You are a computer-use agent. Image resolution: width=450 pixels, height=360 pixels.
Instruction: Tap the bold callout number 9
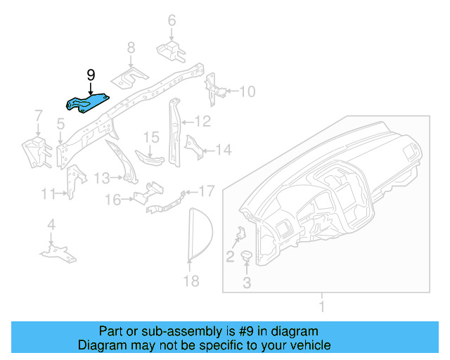coord(90,75)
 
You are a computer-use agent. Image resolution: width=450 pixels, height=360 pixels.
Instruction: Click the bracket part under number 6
coord(169,52)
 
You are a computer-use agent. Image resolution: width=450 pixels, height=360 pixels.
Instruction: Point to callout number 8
coord(131,48)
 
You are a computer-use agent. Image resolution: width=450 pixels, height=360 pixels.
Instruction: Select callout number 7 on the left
coord(39,115)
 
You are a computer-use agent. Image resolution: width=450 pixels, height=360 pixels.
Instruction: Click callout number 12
coord(202,122)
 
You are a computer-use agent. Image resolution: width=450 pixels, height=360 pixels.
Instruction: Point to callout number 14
coord(223,150)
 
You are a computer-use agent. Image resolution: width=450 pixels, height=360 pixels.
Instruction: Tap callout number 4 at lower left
coord(51,225)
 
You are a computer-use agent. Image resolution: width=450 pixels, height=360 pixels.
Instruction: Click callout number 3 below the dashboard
coord(247,283)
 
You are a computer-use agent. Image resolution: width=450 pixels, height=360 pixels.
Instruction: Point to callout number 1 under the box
coord(322,306)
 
